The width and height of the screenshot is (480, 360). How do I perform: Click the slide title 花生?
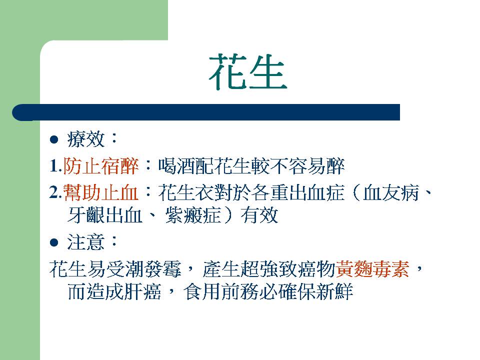click(x=247, y=72)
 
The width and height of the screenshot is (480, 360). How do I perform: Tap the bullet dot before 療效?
click(x=54, y=140)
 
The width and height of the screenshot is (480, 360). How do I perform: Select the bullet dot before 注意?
click(x=54, y=243)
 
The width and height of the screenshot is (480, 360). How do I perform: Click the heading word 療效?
click(x=86, y=139)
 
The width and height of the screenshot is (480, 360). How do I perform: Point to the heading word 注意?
click(x=86, y=242)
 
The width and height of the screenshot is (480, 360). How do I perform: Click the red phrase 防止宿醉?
click(x=100, y=166)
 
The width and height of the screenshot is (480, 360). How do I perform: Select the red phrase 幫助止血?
click(x=100, y=193)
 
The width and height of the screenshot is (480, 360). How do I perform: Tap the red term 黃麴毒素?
click(x=372, y=269)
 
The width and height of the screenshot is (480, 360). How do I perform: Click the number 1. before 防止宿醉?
click(x=55, y=166)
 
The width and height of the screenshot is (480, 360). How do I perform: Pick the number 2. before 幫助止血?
click(x=55, y=193)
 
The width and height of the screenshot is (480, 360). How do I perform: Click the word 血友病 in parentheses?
click(x=391, y=193)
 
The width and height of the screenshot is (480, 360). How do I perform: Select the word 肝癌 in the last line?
click(x=142, y=291)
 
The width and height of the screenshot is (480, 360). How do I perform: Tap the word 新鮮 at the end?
click(x=334, y=291)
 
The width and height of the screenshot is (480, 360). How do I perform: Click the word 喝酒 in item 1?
click(x=176, y=166)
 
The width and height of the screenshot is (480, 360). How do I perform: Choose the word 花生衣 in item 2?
click(x=186, y=193)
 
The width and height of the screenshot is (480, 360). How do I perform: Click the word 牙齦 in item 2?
click(x=86, y=215)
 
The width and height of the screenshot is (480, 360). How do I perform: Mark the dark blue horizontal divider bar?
click(x=206, y=112)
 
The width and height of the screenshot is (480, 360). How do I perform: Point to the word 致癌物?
click(x=307, y=269)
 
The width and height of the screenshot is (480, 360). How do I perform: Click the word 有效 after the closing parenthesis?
click(x=259, y=215)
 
